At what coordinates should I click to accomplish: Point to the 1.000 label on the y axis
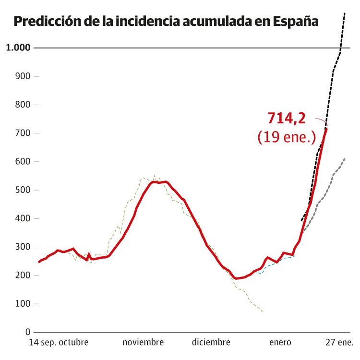[18, 48]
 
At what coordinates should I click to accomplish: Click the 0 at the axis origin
[28, 332]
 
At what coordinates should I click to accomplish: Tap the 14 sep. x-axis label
[44, 343]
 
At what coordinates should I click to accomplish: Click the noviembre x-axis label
[143, 343]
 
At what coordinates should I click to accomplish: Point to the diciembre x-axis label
[211, 343]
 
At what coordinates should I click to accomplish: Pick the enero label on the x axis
[280, 343]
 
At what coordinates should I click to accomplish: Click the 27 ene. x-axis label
[339, 343]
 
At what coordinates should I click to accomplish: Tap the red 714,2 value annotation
[286, 118]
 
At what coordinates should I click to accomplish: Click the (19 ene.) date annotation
[287, 137]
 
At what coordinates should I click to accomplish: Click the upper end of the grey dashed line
[345, 159]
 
